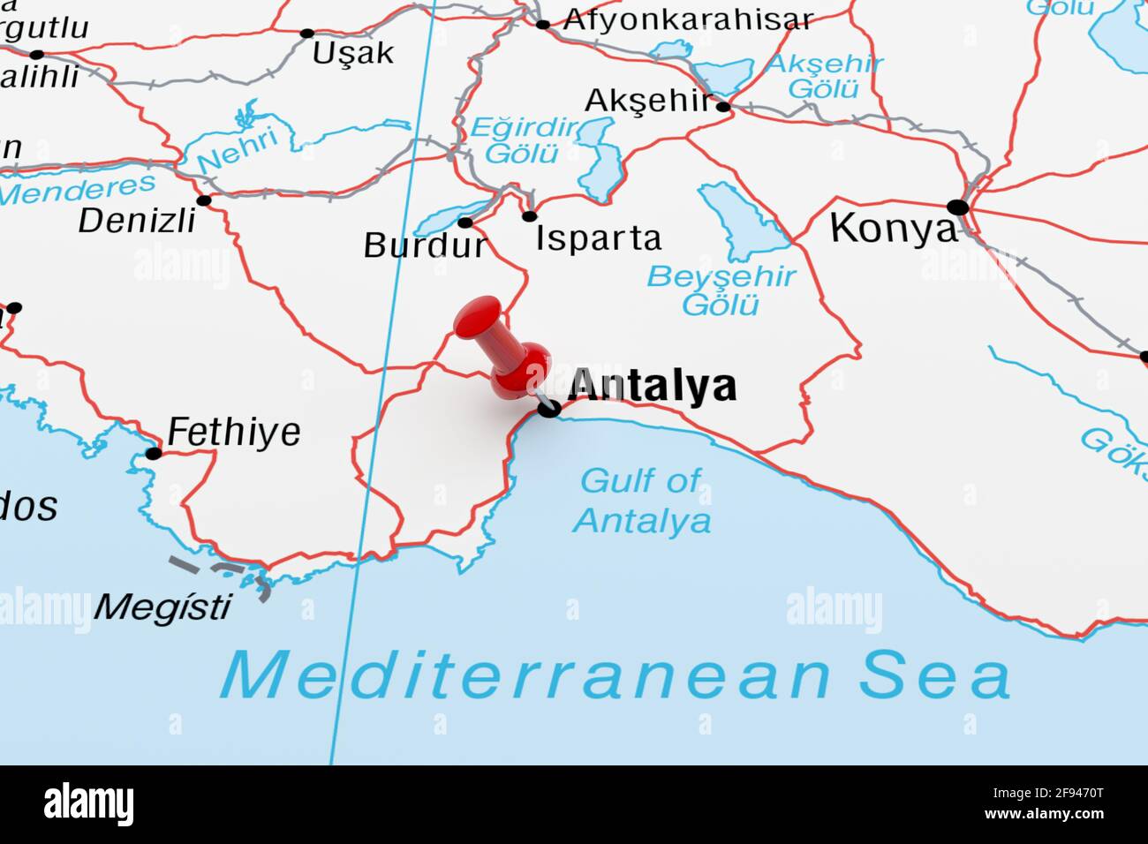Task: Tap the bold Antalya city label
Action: [652, 386]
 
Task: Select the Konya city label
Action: [893, 229]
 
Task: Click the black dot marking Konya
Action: [957, 207]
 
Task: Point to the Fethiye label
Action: [233, 432]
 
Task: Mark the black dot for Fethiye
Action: [154, 454]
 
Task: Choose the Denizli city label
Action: [137, 221]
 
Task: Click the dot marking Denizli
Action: [204, 200]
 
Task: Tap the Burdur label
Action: [425, 245]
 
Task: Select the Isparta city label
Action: [598, 238]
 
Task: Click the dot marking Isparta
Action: [529, 216]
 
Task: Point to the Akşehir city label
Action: [647, 101]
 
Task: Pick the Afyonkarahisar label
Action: [688, 19]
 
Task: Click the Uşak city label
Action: [352, 53]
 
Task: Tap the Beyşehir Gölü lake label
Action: [721, 290]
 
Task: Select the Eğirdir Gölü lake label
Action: [523, 140]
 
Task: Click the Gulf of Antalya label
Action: [641, 501]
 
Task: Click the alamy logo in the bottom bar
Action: [88, 804]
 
